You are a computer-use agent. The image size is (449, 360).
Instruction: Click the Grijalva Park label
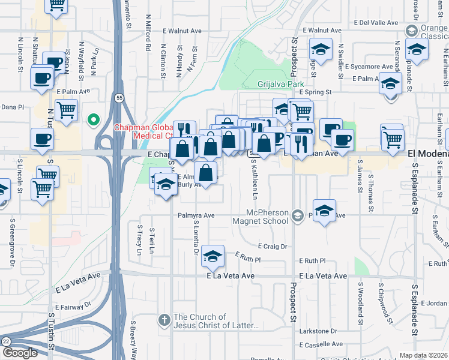(x=281, y=84)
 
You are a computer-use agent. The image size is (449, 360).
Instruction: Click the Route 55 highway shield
(x=119, y=97)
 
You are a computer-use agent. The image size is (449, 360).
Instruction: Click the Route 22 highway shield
(x=5, y=341)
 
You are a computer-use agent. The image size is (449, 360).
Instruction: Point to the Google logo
(x=20, y=353)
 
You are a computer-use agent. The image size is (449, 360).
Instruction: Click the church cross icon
(x=164, y=321)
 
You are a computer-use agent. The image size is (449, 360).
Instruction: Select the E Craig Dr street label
(x=273, y=246)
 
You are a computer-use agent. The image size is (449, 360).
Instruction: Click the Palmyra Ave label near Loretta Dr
(x=196, y=215)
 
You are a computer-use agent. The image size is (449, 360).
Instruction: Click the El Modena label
(x=428, y=154)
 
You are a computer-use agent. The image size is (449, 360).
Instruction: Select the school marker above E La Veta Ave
(x=212, y=256)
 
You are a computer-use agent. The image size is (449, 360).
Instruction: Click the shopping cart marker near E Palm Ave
(x=66, y=110)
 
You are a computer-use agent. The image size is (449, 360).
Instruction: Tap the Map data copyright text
(x=423, y=355)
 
